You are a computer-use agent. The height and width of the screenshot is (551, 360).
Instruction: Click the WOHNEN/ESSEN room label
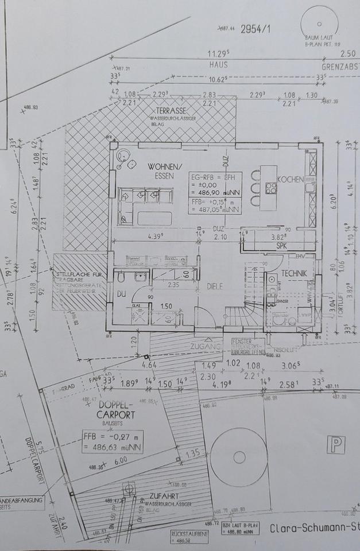coord(165,172)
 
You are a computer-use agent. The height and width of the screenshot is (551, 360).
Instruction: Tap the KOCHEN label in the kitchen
coord(290,180)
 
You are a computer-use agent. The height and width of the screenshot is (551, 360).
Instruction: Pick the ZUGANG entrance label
coord(206,347)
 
